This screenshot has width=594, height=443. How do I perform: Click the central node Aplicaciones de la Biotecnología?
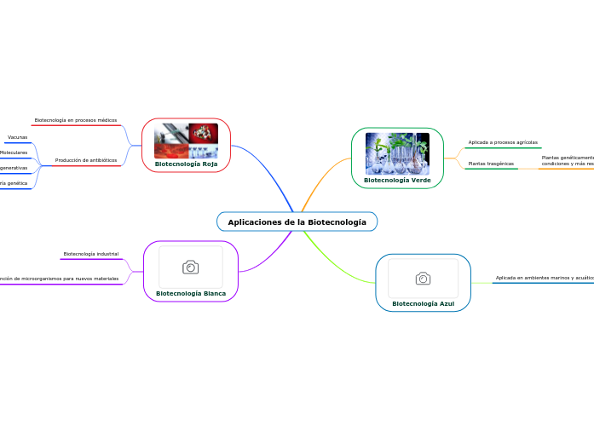(x=297, y=221)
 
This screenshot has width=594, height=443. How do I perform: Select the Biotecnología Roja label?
(x=186, y=164)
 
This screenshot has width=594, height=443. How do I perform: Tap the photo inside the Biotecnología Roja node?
(x=186, y=141)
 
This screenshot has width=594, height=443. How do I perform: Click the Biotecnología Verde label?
(x=397, y=181)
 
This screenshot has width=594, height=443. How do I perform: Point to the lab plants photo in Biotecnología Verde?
(x=397, y=153)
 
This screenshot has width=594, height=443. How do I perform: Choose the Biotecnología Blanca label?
(x=191, y=293)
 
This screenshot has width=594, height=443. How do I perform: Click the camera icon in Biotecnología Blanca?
(x=191, y=268)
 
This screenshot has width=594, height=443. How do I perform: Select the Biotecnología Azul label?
(x=423, y=303)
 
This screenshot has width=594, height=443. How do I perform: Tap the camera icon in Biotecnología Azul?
(x=423, y=279)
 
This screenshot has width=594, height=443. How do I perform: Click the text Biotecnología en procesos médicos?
(x=75, y=120)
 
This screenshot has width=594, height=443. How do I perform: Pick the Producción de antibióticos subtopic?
(x=85, y=160)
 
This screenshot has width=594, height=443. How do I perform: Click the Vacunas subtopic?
(x=17, y=137)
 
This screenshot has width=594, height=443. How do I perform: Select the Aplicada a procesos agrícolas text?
(x=503, y=142)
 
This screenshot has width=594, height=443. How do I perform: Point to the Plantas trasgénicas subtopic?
(x=491, y=163)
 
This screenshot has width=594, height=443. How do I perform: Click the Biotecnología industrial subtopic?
(x=90, y=254)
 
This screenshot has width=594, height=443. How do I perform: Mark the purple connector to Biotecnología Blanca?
(x=271, y=256)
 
